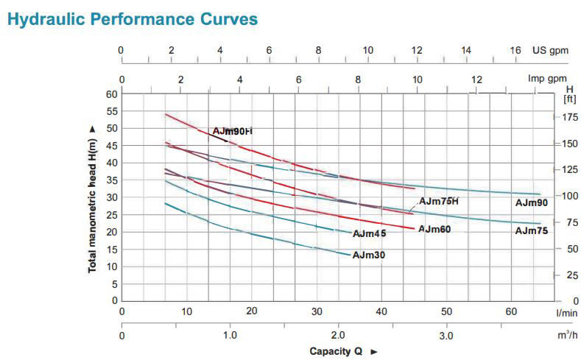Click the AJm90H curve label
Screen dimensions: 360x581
[x=232, y=131]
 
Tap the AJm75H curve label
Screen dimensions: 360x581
[x=439, y=201]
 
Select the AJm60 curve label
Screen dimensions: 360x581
[x=434, y=229]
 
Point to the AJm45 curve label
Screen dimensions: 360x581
[x=369, y=234]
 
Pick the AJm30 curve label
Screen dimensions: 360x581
[x=369, y=255]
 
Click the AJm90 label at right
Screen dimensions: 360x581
[x=531, y=202]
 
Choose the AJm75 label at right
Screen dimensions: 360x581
[x=531, y=230]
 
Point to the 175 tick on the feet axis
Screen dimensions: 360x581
[x=570, y=117]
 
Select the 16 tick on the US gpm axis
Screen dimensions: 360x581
[x=515, y=50]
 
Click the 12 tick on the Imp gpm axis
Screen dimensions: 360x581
[x=477, y=80]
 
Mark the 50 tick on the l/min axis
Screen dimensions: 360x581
[x=447, y=311]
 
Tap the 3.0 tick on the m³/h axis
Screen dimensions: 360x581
[x=447, y=336]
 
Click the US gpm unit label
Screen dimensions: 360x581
[x=552, y=50]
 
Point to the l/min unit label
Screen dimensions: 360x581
[x=566, y=313]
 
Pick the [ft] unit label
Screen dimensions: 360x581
[x=569, y=98]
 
